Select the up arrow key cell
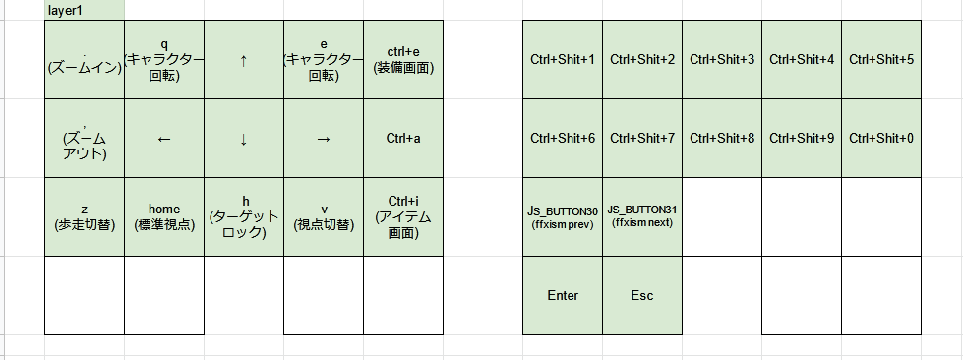point(244,60)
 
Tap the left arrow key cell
point(164,139)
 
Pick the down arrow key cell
point(244,139)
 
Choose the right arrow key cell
point(324,139)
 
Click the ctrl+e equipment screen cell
point(403,60)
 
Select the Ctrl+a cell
point(403,139)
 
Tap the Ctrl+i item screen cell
point(403,217)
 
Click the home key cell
point(164,217)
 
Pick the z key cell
point(85,217)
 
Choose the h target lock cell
point(244,217)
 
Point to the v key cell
point(324,217)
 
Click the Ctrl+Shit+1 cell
point(563,60)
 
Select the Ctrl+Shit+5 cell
point(881,60)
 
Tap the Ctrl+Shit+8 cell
point(722,139)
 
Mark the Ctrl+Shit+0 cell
point(881,139)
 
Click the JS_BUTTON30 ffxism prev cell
point(563,217)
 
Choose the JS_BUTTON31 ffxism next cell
point(642,217)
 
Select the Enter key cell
point(563,296)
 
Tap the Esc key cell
point(642,296)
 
